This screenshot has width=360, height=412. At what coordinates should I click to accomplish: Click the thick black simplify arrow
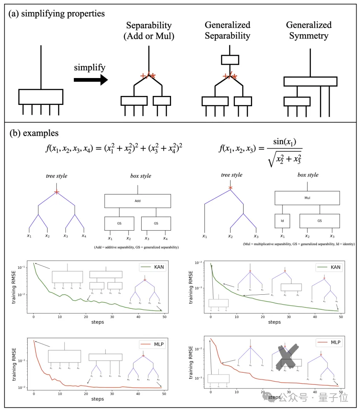point(90,80)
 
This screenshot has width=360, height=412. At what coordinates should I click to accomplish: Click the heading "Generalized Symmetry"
point(309,30)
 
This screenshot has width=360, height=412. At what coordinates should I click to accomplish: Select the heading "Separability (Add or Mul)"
point(149,30)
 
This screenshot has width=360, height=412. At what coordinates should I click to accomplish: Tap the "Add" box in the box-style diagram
point(137,201)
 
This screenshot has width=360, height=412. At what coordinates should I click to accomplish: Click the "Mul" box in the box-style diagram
point(307,198)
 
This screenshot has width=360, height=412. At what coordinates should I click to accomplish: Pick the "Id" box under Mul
point(282,221)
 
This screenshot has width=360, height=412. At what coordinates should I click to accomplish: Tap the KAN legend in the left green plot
point(150,267)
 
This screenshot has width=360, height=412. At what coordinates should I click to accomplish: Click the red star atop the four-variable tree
point(57,192)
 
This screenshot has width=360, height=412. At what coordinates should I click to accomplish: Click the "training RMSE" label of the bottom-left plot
point(15,363)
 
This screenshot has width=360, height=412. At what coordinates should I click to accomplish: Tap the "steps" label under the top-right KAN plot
point(274,322)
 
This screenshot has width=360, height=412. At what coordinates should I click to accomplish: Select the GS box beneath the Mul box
point(319,221)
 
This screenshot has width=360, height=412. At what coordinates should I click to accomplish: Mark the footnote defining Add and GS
point(136,247)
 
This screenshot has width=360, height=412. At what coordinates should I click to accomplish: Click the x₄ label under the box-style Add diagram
point(165,238)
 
